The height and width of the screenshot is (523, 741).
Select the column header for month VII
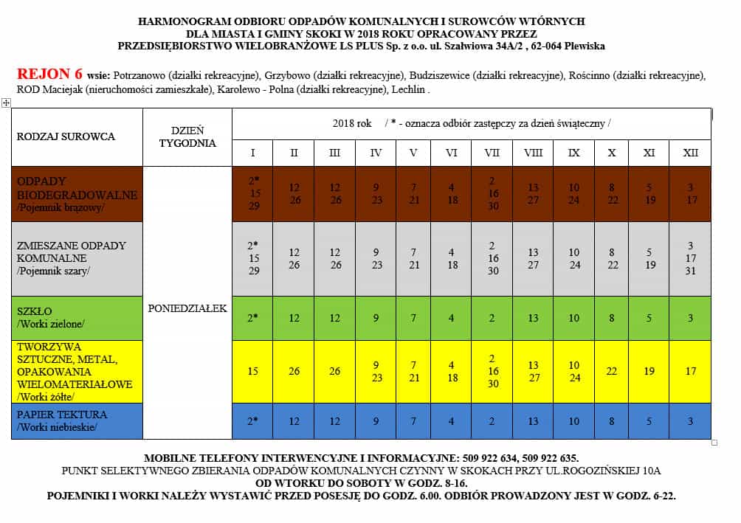(492, 153)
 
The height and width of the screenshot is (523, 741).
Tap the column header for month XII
(691, 153)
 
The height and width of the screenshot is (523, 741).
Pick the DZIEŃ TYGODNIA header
(187, 136)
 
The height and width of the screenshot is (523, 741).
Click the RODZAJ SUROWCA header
(66, 136)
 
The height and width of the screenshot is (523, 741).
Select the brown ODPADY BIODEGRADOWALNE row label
(77, 195)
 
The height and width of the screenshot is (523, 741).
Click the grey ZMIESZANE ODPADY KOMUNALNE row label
(71, 258)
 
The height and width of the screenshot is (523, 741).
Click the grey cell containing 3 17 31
(691, 258)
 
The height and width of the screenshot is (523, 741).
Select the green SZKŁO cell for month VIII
(533, 318)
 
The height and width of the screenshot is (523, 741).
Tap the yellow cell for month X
(613, 371)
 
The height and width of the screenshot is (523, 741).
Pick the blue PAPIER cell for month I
(252, 421)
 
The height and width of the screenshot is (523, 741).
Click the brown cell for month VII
(492, 193)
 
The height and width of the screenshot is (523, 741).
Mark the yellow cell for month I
(252, 371)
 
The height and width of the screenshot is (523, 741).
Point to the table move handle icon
(6, 103)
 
